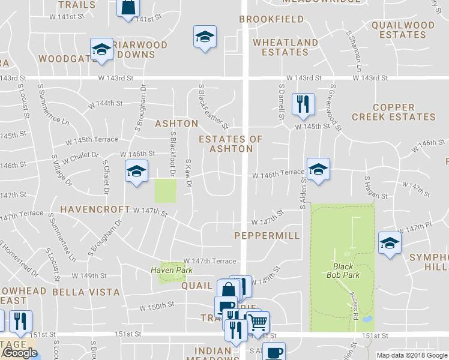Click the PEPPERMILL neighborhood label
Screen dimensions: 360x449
(x=267, y=236)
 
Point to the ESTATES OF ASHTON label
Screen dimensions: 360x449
(x=231, y=144)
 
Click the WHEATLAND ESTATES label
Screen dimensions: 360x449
(x=285, y=47)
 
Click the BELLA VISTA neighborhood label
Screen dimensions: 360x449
(x=83, y=292)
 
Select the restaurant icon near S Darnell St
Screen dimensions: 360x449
(x=303, y=104)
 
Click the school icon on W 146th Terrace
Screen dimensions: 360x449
(x=318, y=169)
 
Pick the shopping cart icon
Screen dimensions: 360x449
(x=258, y=322)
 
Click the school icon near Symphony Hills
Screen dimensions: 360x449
(x=390, y=243)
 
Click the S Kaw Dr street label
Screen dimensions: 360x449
(x=188, y=172)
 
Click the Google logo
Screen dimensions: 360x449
(x=19, y=353)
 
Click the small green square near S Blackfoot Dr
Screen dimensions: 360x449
(x=166, y=191)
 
